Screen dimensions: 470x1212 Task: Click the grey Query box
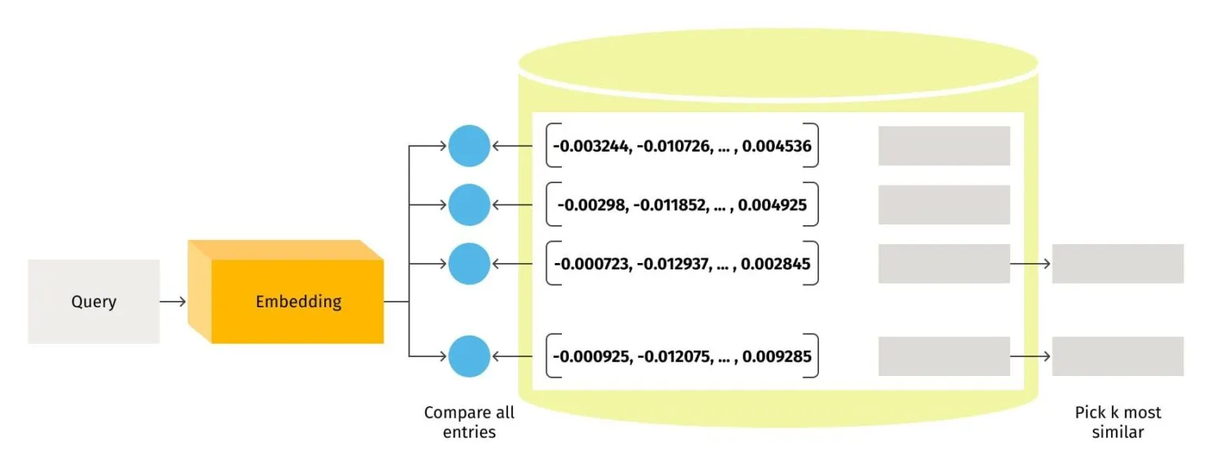93,302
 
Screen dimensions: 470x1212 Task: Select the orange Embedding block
297,302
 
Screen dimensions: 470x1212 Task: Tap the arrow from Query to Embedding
173,302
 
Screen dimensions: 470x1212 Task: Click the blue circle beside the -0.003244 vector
469,146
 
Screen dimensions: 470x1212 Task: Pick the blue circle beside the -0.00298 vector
469,205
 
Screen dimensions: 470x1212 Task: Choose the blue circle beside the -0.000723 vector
469,264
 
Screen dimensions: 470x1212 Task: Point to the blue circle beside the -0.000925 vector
469,356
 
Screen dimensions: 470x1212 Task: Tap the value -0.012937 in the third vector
676,264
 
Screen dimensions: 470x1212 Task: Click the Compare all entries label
469,422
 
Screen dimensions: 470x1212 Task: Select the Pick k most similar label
1117,422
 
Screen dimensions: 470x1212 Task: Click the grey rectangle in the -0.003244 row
944,146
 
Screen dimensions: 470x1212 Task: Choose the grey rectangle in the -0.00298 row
944,205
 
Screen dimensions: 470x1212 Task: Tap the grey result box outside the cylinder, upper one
1117,264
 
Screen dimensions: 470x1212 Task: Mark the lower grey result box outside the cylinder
1117,356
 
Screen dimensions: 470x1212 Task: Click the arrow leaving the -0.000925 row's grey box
1031,356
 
